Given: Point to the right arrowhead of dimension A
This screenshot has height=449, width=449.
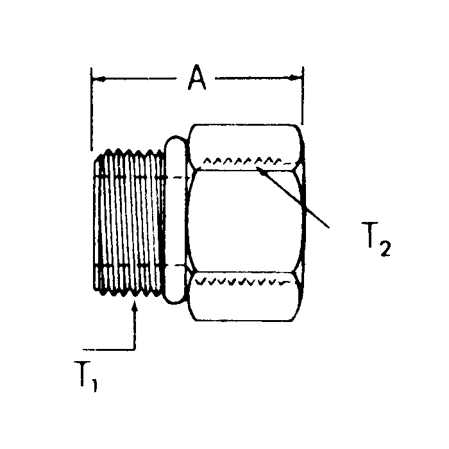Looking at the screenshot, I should (297, 79).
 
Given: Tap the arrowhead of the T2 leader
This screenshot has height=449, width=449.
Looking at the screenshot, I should (259, 169).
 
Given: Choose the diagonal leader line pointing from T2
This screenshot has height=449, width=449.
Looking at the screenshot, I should (295, 198).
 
